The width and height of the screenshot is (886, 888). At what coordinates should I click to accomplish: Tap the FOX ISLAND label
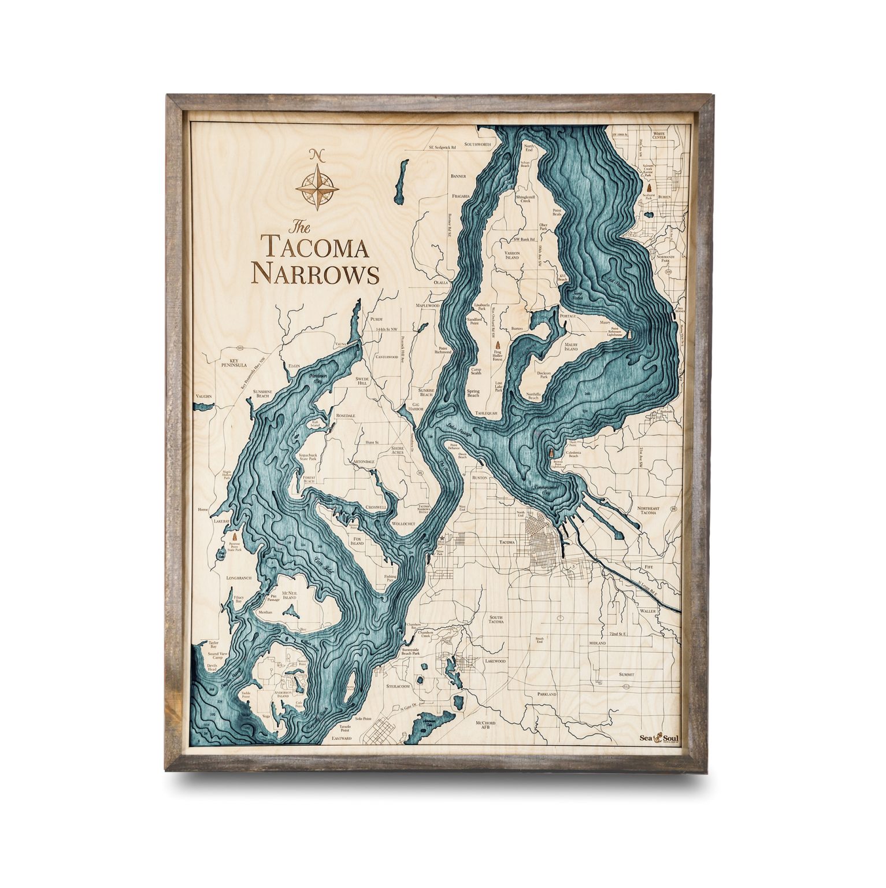(x=357, y=541)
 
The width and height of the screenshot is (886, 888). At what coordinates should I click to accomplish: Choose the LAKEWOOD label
(x=495, y=660)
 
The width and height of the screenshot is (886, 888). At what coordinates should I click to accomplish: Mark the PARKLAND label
(x=546, y=694)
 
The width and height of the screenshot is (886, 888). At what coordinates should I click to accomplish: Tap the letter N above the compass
(x=316, y=154)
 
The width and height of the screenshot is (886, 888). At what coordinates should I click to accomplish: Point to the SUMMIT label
(x=626, y=675)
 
